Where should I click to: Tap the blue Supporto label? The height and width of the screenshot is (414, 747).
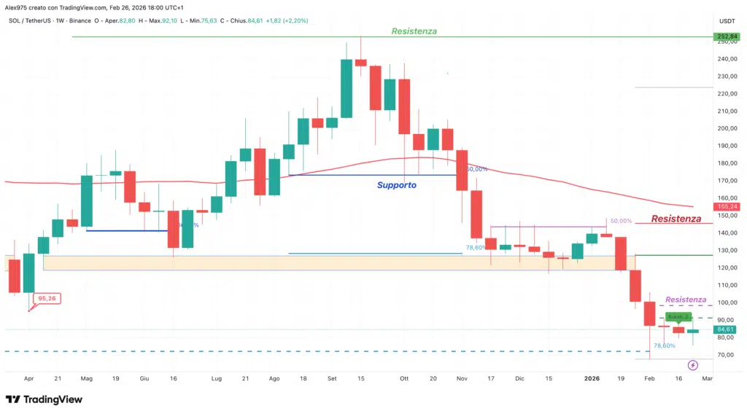pos(397,185)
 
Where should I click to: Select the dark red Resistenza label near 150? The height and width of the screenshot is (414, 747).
pos(676,219)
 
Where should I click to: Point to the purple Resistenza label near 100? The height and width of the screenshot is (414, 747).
pos(685,300)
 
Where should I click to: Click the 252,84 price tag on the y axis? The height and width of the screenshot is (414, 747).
pos(725,36)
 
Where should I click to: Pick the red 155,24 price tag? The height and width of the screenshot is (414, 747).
pos(725,207)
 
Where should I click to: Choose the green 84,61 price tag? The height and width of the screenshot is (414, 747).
pos(725,329)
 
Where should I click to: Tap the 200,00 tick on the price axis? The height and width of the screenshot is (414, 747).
pos(724,128)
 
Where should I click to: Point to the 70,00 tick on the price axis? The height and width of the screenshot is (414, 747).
pos(724,355)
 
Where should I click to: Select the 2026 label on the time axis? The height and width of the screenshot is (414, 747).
pos(592,379)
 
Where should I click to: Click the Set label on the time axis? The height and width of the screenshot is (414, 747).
pos(332,379)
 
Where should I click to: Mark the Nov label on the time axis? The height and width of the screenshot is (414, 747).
pos(462,379)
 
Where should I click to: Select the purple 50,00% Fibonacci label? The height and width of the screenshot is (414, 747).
pos(620,221)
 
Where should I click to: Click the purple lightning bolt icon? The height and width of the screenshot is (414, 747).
pos(693,364)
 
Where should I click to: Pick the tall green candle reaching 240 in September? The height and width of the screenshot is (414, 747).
pos(347,88)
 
